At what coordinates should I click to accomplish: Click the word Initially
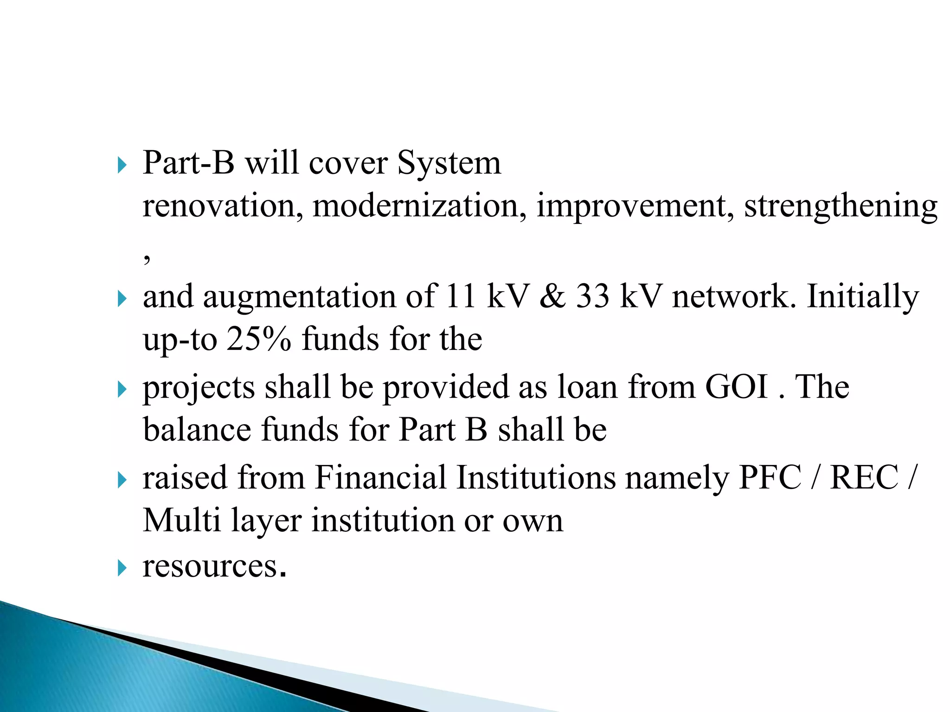tap(862, 297)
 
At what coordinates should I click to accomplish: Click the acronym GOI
tap(736, 387)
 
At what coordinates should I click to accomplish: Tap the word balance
tap(197, 429)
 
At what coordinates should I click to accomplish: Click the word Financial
tap(380, 477)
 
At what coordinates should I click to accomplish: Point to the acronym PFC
tap(770, 477)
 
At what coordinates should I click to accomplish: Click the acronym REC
tap(864, 477)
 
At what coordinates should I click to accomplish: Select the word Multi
tap(181, 520)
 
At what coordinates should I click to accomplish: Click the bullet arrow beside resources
tap(122, 567)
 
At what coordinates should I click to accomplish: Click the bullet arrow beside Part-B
tap(122, 165)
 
